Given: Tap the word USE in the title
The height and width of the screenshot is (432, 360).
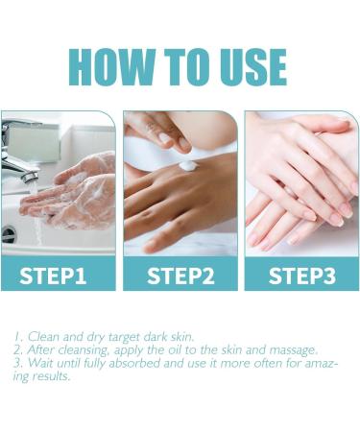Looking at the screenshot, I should point(244,65).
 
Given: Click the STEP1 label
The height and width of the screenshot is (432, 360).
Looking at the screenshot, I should point(59,276).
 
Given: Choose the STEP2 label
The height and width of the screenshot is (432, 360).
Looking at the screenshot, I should point(180,276).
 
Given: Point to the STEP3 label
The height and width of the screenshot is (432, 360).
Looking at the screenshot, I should point(300,276).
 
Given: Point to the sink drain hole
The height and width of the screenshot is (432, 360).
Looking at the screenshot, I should point(9,233).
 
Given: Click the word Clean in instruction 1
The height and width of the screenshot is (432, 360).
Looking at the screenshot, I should point(42,338).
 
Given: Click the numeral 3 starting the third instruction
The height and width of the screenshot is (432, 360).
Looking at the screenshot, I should point(17,363).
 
